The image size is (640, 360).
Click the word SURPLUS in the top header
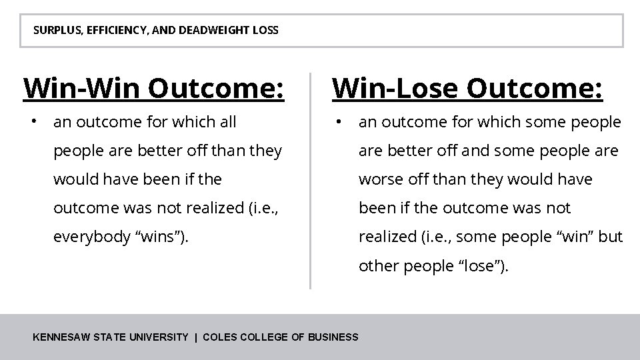pyautogui.click(x=54, y=31)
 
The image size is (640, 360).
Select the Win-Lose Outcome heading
pyautogui.click(x=468, y=88)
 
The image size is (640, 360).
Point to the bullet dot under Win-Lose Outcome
pyautogui.click(x=339, y=121)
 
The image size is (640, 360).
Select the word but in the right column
pyautogui.click(x=610, y=237)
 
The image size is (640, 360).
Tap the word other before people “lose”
pyautogui.click(x=377, y=266)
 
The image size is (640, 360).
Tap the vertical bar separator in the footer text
pyautogui.click(x=195, y=337)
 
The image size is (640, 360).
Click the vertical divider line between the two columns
pyautogui.click(x=310, y=180)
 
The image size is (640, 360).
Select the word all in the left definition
pyautogui.click(x=227, y=122)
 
